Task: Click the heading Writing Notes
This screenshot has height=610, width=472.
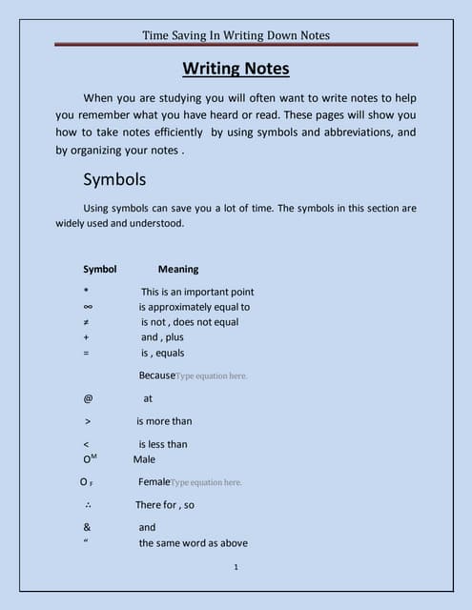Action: pos(236,69)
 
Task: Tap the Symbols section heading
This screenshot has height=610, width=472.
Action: pos(114,179)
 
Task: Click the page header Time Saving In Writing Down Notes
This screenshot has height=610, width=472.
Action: pos(236,35)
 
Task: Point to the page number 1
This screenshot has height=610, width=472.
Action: pos(235,568)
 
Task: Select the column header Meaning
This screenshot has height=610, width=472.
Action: pos(178,269)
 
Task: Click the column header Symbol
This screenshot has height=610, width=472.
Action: pos(100,269)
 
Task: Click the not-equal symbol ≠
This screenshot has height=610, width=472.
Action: pos(87,322)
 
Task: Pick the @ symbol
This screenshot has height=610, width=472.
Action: pos(88,398)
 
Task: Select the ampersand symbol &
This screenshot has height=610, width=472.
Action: pos(87,527)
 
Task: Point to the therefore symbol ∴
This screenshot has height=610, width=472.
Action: pos(88,505)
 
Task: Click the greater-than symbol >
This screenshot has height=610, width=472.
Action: pos(88,420)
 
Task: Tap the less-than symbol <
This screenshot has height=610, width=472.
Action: pos(87,443)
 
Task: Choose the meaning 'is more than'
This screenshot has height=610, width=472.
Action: pos(164,420)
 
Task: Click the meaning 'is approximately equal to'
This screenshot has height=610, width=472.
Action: pos(195,307)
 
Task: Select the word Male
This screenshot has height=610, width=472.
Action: pos(144,459)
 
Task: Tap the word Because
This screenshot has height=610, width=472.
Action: pos(156,376)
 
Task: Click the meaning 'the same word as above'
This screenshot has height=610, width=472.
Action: pos(194,543)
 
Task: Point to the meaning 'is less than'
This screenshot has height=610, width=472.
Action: pos(163,443)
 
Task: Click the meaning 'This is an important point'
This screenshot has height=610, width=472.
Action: pos(197,292)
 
